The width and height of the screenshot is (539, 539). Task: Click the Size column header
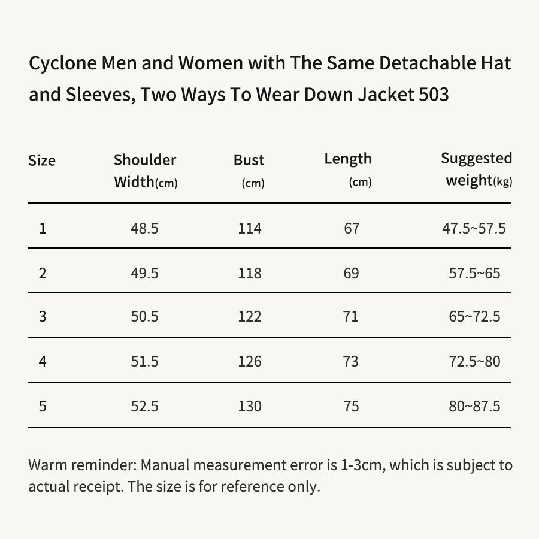pos(41,161)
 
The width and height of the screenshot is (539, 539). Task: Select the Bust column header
pos(249,171)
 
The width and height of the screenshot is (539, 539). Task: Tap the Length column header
pos(348,170)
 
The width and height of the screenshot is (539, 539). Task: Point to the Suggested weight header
pos(477,169)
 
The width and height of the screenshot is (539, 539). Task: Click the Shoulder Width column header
pos(146,171)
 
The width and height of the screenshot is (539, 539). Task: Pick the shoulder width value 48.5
pos(144,228)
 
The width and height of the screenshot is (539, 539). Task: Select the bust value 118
pos(250,273)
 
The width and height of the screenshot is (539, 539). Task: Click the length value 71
pos(350,316)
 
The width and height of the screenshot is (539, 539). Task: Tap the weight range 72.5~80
pos(474,361)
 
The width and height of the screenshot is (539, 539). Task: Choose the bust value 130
pos(250,406)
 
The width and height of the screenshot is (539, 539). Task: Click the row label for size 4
pos(43,361)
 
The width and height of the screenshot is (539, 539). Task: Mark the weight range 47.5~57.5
pos(474,228)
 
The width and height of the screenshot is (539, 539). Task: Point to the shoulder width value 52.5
pos(144,406)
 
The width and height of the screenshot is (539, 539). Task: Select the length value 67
pos(352,228)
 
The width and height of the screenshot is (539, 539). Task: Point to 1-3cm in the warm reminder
pos(361,465)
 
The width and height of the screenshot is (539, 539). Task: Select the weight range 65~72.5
pos(474,316)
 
